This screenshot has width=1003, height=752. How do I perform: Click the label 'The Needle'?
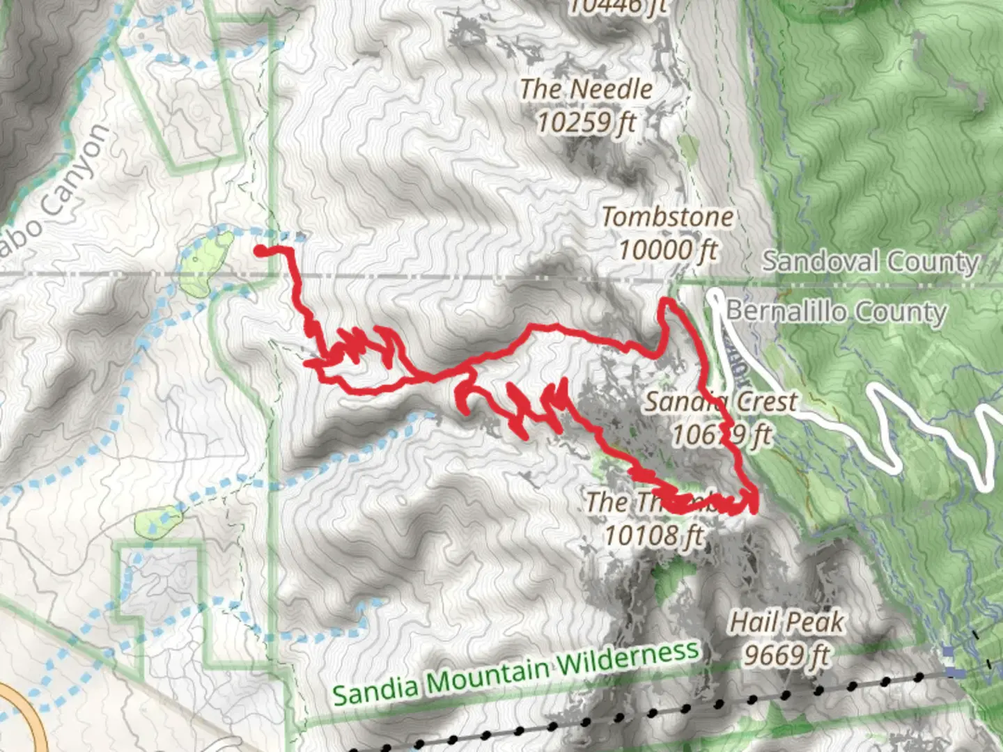[x=586, y=89]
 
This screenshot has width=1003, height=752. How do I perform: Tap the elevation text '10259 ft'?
[x=586, y=123]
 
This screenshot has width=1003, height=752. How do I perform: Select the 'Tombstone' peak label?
[x=667, y=217]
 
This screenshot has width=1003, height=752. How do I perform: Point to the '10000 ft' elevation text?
[x=667, y=249]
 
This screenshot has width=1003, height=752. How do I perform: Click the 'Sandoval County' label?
[x=871, y=262]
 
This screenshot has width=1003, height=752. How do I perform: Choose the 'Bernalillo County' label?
[x=836, y=311]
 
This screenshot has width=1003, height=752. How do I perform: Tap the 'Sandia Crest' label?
[x=721, y=402]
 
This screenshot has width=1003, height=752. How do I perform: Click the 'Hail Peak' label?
[x=786, y=622]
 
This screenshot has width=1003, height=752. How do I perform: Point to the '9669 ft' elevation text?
[x=786, y=655]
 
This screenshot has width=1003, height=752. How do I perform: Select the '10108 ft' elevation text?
[x=653, y=535]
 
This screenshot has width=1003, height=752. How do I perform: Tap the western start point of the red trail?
[x=259, y=251]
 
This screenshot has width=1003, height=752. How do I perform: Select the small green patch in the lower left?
[x=159, y=522]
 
